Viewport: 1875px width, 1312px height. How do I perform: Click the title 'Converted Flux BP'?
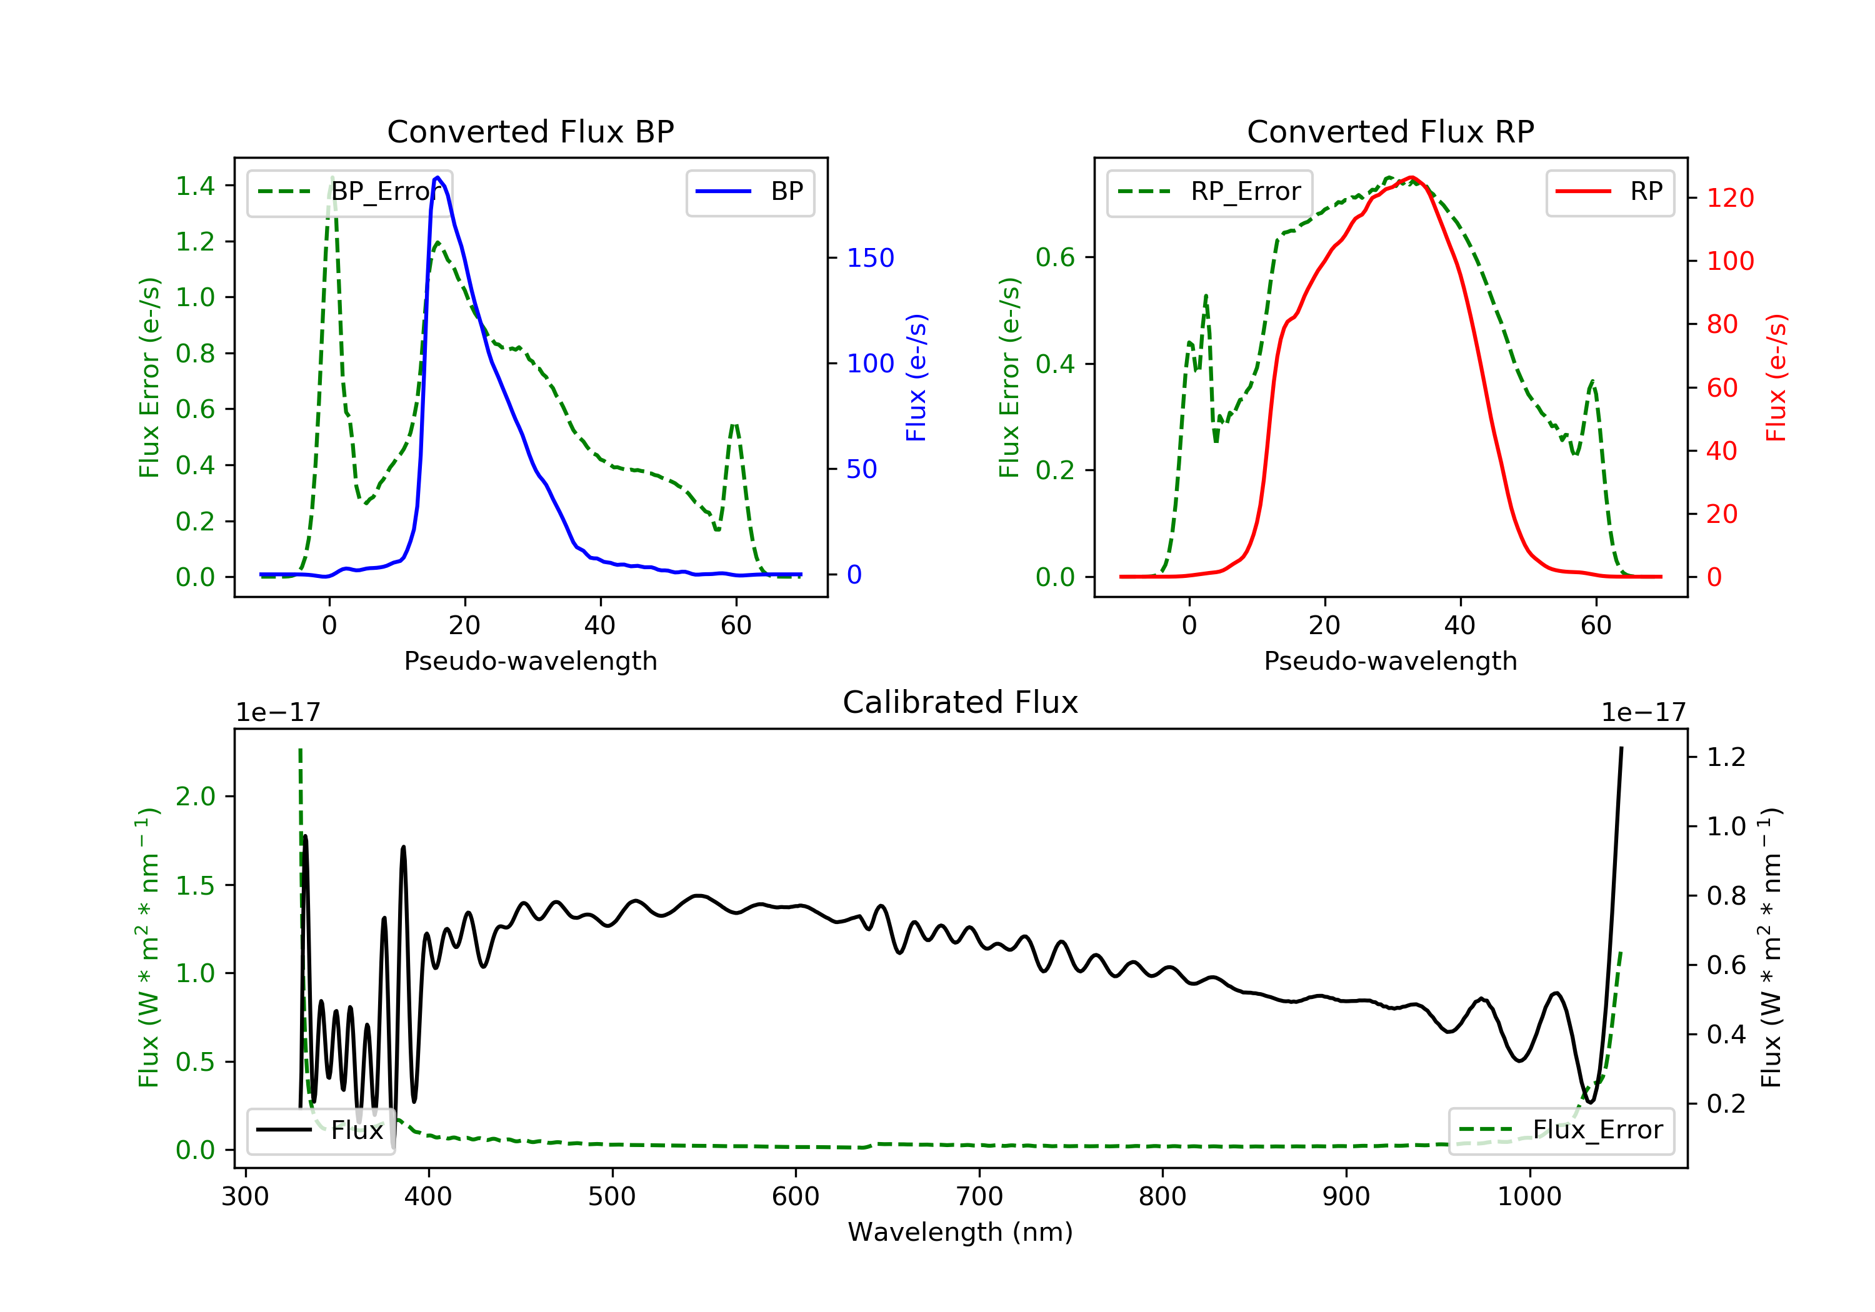530,131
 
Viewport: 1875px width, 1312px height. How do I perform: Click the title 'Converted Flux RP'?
1390,131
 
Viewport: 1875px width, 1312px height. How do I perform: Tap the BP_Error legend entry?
349,192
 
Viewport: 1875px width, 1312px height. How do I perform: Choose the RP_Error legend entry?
1209,192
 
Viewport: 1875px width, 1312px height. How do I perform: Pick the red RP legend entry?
1609,192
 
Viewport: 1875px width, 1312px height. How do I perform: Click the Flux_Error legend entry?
1561,1130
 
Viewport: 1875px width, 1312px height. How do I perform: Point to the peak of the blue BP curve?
437,177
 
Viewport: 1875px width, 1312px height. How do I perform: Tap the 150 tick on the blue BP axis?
870,258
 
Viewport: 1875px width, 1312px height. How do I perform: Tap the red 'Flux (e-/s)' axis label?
1776,378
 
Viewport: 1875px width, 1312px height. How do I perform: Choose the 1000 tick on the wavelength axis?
1529,1197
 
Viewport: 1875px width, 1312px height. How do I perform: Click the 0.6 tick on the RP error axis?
1055,258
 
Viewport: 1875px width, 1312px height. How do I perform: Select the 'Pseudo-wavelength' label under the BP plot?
530,660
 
